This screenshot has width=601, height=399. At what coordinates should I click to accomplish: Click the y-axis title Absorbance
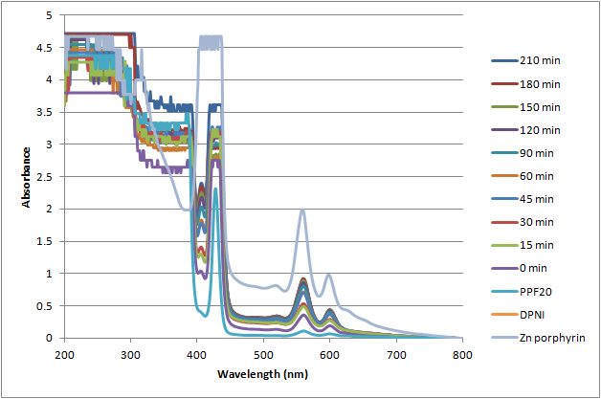pyautogui.click(x=28, y=177)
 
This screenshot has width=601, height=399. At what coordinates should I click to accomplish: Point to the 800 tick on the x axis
pyautogui.click(x=462, y=353)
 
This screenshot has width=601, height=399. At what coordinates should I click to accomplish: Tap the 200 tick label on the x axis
pyautogui.click(x=64, y=353)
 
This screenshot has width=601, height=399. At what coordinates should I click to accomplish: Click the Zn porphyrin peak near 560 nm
pyautogui.click(x=302, y=211)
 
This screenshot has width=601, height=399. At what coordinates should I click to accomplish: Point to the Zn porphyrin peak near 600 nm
pyautogui.click(x=328, y=276)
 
